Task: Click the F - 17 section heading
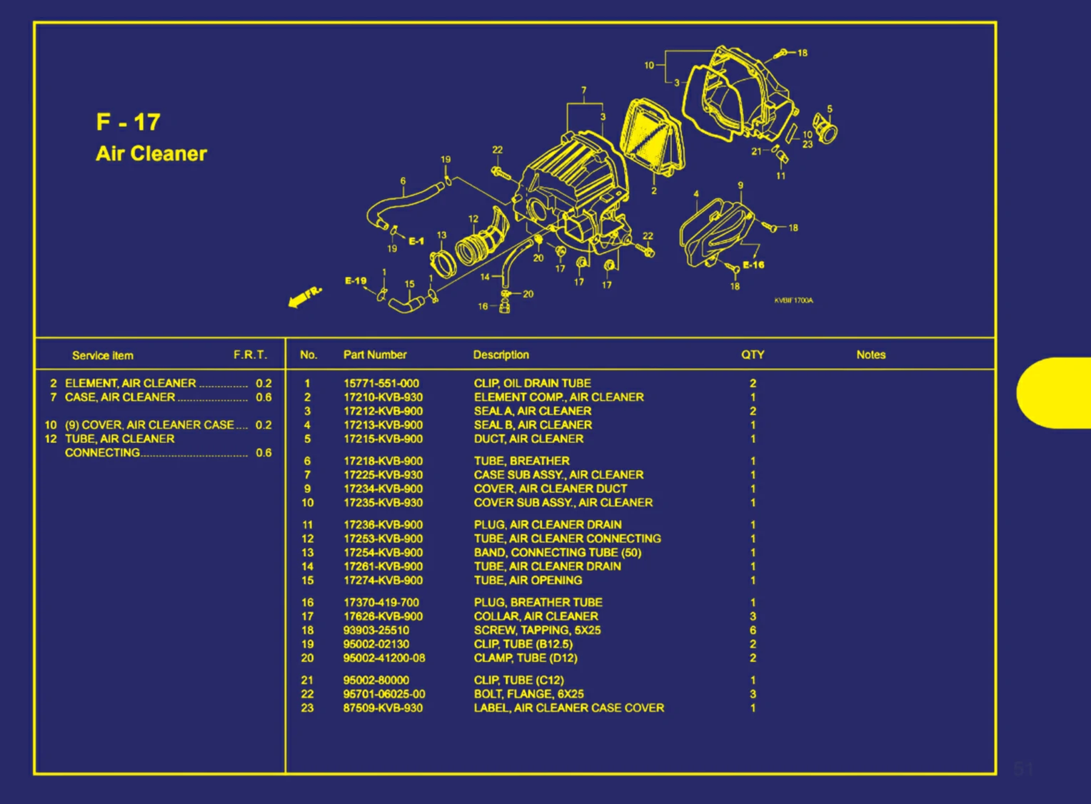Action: [129, 122]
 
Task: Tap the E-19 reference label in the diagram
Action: [356, 281]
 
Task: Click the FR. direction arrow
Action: [304, 297]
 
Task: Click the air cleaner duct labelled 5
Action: [827, 131]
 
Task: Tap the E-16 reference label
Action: [753, 265]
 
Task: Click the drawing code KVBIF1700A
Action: [793, 300]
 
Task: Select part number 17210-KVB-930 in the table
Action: [383, 397]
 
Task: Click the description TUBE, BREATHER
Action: [522, 461]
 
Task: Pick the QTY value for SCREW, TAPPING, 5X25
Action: [753, 630]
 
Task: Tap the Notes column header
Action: [870, 355]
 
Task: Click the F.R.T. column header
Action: [250, 355]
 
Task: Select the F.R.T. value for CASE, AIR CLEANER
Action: [263, 397]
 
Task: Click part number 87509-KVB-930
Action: [383, 708]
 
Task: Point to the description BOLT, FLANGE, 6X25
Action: [529, 694]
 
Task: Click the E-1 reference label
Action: [416, 241]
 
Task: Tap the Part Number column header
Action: [375, 355]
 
